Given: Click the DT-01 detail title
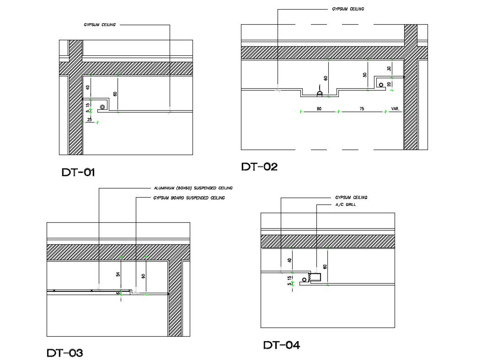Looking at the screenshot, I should point(78,172).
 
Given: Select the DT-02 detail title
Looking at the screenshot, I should point(259,167).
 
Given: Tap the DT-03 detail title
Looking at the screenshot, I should point(65,353).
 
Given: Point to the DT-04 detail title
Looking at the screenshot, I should point(282,345).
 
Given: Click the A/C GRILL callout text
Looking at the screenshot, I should point(346,204).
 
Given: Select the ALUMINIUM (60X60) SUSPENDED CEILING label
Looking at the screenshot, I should point(193,188).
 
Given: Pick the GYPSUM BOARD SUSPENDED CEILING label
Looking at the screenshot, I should point(189,198).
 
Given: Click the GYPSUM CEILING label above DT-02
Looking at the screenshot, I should point(348,9).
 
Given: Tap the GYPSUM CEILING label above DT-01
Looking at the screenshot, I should point(100,25).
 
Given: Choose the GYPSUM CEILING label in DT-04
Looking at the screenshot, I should point(351,198).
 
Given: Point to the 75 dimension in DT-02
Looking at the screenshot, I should point(362,109).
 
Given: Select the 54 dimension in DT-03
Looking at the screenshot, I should point(118,274).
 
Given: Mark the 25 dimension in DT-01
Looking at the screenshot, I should point(90,120).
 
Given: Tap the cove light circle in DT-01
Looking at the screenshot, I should point(102,107).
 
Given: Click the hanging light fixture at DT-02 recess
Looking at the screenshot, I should point(320,93).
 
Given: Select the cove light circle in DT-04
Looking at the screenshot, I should point(305,279).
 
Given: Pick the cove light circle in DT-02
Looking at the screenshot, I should point(380,85).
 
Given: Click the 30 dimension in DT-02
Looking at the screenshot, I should point(389,69).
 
